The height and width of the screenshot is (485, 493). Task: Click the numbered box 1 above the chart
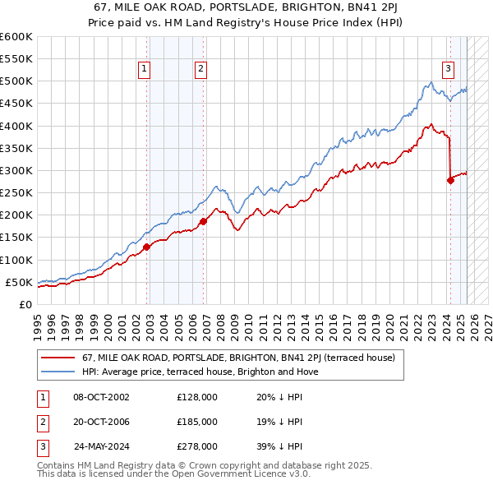point(144,70)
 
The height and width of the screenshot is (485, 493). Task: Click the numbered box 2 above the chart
point(200,70)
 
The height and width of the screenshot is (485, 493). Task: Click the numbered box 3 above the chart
point(448,70)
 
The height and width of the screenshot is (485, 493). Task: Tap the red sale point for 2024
point(450,181)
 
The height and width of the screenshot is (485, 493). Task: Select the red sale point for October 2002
point(147,247)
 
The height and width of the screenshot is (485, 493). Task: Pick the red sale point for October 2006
point(204,221)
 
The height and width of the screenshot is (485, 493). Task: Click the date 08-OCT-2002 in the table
point(101,397)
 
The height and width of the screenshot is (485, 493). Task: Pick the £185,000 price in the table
point(197,422)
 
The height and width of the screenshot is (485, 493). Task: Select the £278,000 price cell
point(197,446)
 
